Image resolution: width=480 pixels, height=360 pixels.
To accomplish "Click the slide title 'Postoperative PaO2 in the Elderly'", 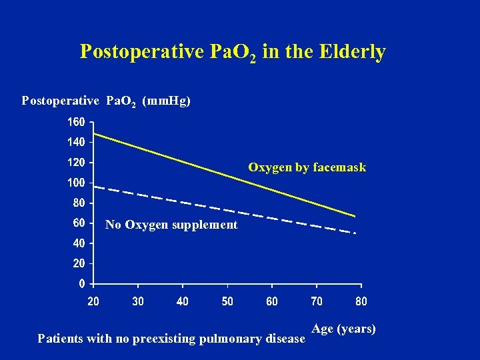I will (x=233, y=52).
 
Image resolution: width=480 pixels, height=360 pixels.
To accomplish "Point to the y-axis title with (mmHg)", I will (x=106, y=101).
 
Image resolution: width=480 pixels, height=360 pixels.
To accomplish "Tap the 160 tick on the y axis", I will (x=75, y=122).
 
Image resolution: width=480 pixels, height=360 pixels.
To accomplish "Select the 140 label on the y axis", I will (x=75, y=142).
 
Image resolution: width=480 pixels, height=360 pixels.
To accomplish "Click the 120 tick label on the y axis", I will (x=75, y=162).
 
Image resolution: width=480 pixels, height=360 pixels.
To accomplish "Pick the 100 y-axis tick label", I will (x=75, y=183).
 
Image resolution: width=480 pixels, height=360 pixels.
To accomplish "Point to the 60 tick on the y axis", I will (x=78, y=223).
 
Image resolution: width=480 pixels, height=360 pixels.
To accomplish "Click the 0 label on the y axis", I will (x=81, y=283).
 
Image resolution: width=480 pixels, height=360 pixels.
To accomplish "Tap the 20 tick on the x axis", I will (x=93, y=301).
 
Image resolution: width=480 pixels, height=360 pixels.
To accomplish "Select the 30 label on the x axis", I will (x=138, y=301).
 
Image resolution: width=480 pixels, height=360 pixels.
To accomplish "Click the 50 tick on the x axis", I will (x=227, y=301).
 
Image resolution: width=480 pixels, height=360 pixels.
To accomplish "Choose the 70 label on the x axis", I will (x=317, y=301).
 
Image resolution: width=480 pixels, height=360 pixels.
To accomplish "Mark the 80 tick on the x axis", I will (x=361, y=301).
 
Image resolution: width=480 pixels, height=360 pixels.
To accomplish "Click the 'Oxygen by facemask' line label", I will (x=307, y=167).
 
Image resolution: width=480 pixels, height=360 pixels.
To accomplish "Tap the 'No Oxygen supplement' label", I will (x=171, y=225).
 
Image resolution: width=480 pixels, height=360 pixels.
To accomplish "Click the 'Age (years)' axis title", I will (x=343, y=329).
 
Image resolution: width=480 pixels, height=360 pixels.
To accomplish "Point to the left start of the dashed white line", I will (x=95, y=187).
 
